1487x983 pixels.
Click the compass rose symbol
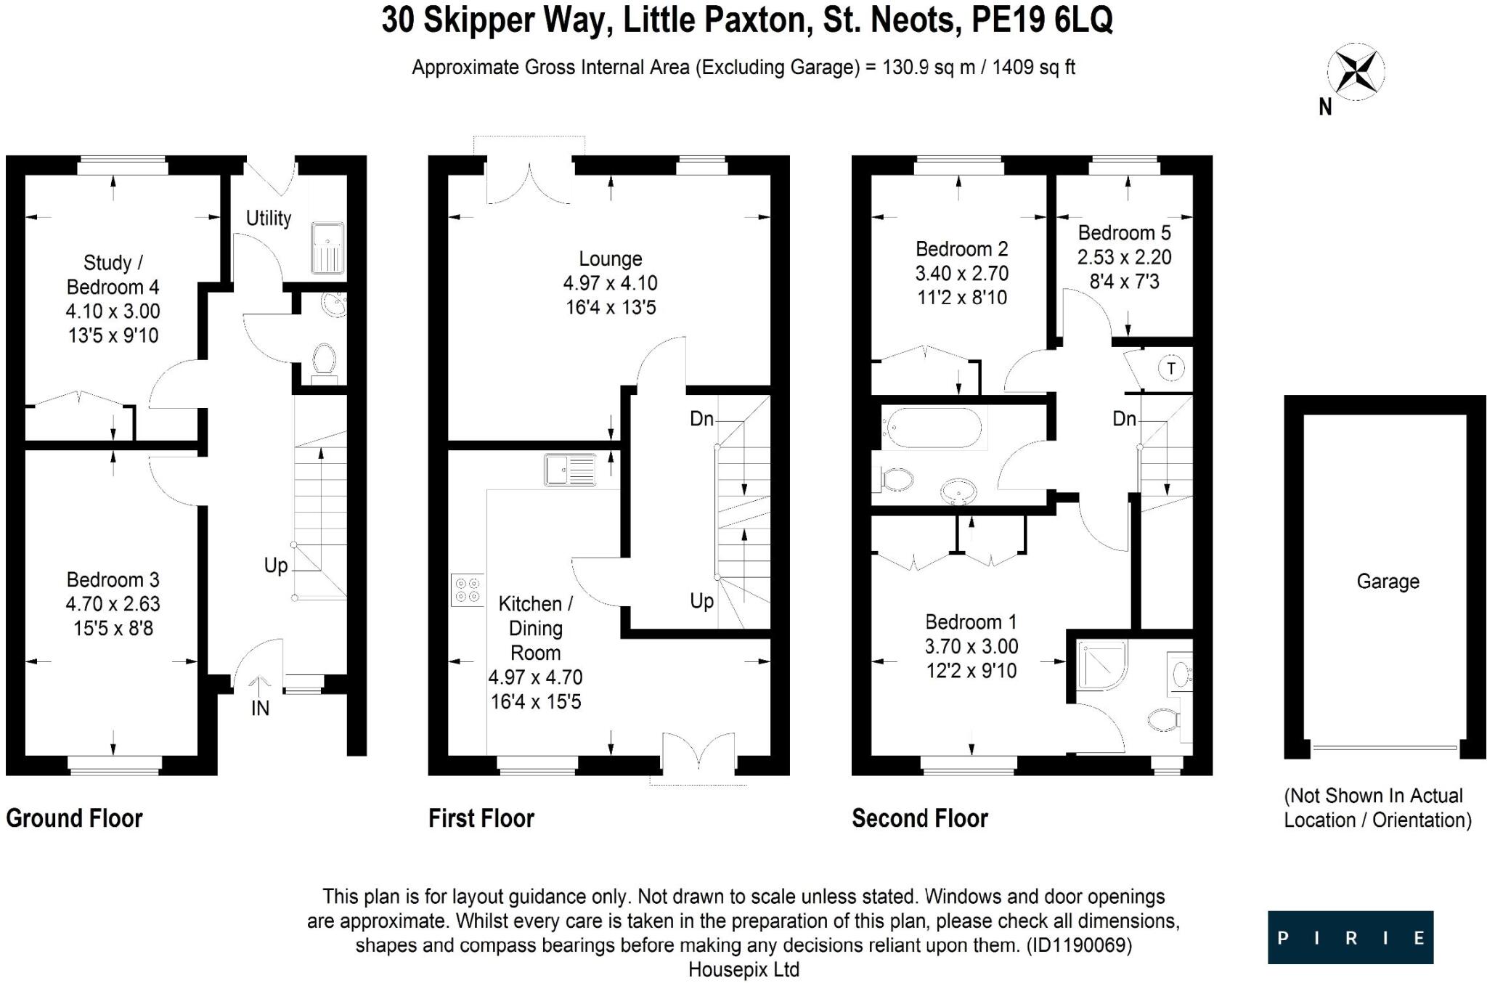pos(1356,72)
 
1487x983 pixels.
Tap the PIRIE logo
pos(1350,937)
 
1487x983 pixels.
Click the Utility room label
pos(268,218)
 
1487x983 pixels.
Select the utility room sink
pos(327,248)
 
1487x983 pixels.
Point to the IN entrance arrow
pos(259,686)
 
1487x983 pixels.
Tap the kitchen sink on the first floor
pos(570,470)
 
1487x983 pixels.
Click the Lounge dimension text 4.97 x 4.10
pos(610,283)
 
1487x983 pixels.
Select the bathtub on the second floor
pos(931,428)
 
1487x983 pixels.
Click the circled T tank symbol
pos(1170,368)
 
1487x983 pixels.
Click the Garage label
pos(1388,582)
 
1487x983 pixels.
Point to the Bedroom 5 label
pos(1124,233)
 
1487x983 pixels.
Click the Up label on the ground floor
pos(276,566)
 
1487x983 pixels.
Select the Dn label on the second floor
pos(1124,418)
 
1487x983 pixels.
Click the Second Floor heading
pos(919,818)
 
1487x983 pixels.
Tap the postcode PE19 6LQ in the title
pos(1041,20)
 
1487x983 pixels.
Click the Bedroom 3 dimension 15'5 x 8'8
pos(113,628)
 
